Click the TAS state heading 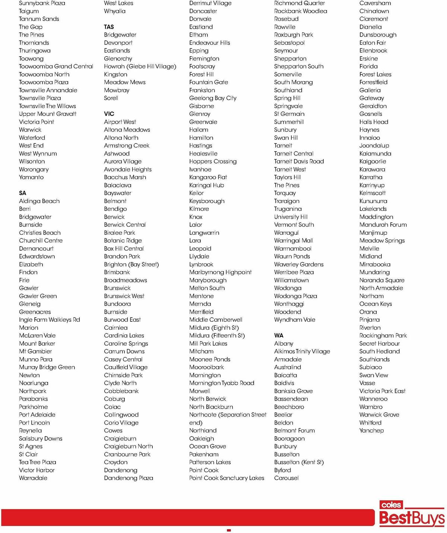pyautogui.click(x=109, y=27)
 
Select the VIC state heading pyautogui.click(x=109, y=114)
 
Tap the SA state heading pyautogui.click(x=23, y=193)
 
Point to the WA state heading pyautogui.click(x=279, y=336)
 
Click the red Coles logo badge pyautogui.click(x=391, y=505)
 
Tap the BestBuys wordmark pyautogui.click(x=412, y=518)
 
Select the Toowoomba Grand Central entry pyautogui.click(x=56, y=66)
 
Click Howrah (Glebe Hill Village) pyautogui.click(x=140, y=66)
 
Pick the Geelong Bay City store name pyautogui.click(x=213, y=98)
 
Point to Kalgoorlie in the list pyautogui.click(x=372, y=161)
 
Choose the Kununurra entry pyautogui.click(x=373, y=201)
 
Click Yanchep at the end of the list pyautogui.click(x=371, y=431)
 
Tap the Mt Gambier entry pyautogui.click(x=35, y=351)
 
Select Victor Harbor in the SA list pyautogui.click(x=37, y=470)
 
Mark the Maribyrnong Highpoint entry pyautogui.click(x=220, y=272)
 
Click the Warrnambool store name pyautogui.click(x=293, y=248)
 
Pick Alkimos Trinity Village pyautogui.click(x=302, y=351)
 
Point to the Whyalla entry pyautogui.click(x=115, y=11)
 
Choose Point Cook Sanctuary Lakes pyautogui.click(x=226, y=478)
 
